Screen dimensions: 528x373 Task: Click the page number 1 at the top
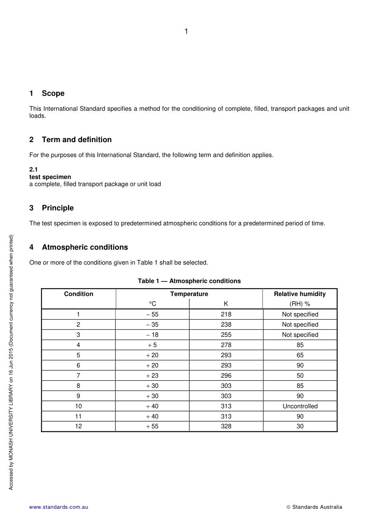(186, 31)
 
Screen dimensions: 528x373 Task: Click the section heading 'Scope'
(53, 93)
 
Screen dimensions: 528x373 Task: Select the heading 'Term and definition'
(77, 140)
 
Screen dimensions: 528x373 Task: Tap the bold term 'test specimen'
(50, 177)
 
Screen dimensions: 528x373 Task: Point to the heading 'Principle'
(58, 208)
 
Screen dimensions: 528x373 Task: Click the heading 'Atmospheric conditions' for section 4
(85, 247)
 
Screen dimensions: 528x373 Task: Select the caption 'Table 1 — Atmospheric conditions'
(189, 281)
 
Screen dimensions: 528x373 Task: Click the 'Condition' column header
(79, 294)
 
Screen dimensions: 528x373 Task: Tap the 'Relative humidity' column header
(300, 294)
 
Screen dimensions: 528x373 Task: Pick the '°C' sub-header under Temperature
(152, 304)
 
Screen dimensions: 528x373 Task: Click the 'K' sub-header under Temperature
(226, 304)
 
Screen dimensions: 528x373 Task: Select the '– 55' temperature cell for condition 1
(152, 314)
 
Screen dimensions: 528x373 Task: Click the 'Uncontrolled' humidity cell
(300, 406)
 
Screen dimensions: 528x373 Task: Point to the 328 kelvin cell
(226, 426)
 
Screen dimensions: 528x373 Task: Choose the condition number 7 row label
(79, 376)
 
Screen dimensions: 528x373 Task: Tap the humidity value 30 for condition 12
(300, 426)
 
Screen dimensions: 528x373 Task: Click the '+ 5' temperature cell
(152, 345)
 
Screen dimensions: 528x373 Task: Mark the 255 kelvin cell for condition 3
(226, 335)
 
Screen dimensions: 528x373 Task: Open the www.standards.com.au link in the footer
(59, 507)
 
